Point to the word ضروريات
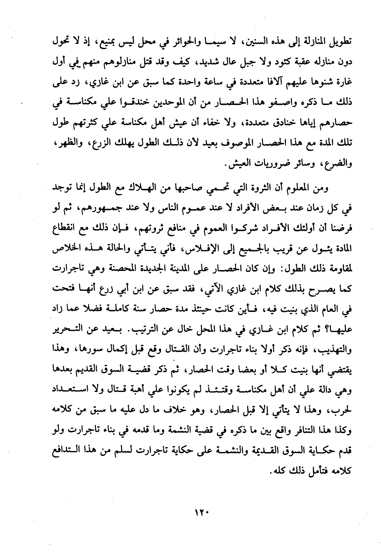coord(273,165)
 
